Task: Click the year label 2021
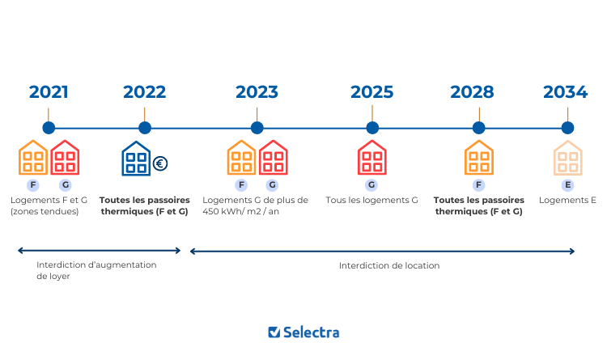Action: (x=49, y=91)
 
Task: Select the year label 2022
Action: (x=145, y=91)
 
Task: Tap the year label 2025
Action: (x=372, y=91)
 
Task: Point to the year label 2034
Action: (x=565, y=91)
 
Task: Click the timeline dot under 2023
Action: (x=257, y=128)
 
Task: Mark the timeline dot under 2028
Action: (x=478, y=128)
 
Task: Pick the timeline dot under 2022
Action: (x=145, y=128)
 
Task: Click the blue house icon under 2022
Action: (x=136, y=159)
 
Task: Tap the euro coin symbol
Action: (x=160, y=163)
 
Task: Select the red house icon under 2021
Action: (x=65, y=158)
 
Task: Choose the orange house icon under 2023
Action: (x=241, y=158)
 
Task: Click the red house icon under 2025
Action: (x=371, y=158)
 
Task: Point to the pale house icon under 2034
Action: (x=567, y=158)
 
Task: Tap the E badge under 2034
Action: (x=567, y=184)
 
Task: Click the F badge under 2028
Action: (x=478, y=184)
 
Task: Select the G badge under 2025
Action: (x=371, y=184)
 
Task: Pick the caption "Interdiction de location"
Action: (x=388, y=265)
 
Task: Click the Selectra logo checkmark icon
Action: (x=274, y=332)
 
